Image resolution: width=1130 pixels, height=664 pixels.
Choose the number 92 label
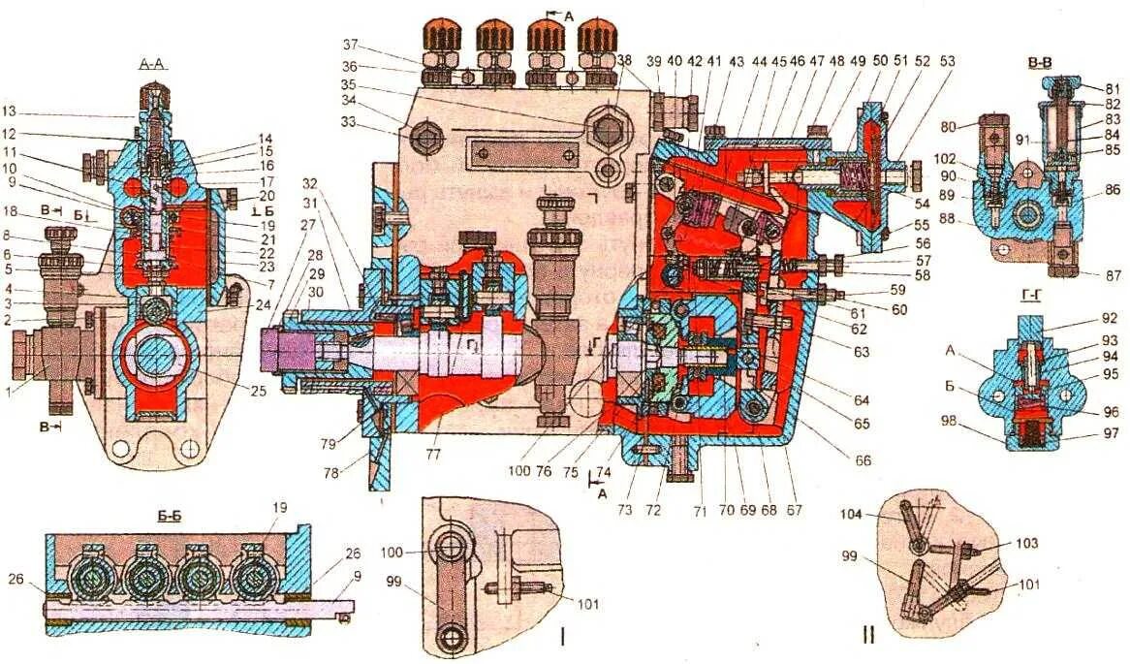click(1109, 317)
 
